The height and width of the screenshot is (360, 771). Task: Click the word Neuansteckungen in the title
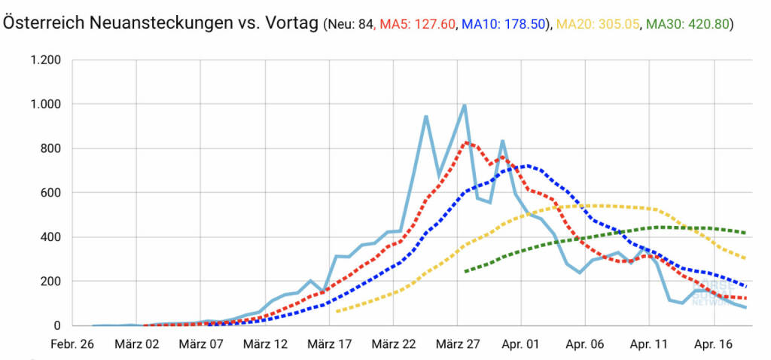tap(154, 23)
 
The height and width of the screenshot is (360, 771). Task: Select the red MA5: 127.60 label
tap(418, 24)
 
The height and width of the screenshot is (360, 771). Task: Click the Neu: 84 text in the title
tap(349, 24)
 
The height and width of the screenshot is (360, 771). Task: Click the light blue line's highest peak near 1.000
tap(465, 105)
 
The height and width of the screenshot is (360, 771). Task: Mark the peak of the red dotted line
tap(466, 142)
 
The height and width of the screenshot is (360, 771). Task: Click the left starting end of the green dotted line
tap(465, 271)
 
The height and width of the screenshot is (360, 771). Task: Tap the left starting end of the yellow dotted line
tap(337, 311)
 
